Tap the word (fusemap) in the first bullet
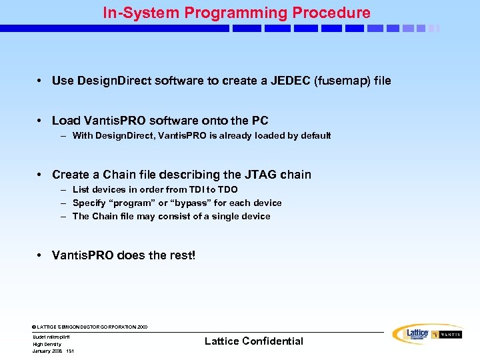(x=339, y=81)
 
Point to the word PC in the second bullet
(x=260, y=121)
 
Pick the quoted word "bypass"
(x=193, y=203)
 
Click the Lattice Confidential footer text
(x=253, y=341)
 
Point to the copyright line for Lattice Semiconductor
(x=90, y=327)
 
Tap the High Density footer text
(x=47, y=344)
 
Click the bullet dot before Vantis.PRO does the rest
(x=41, y=256)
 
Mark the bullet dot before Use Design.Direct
(x=41, y=81)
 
